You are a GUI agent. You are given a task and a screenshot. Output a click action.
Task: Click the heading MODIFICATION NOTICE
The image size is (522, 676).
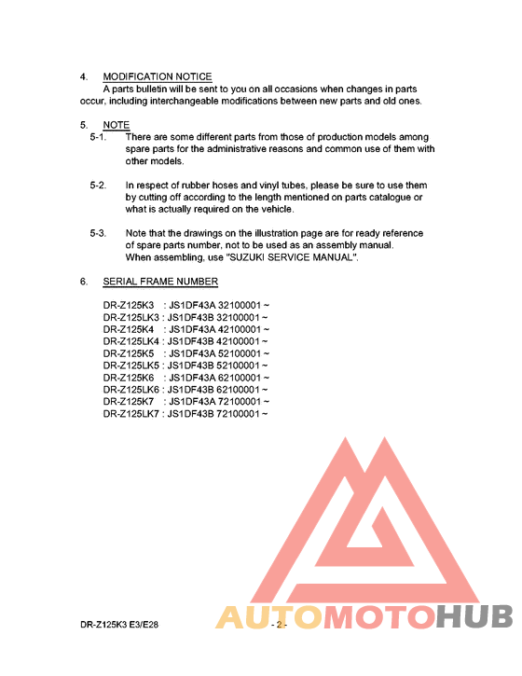157,76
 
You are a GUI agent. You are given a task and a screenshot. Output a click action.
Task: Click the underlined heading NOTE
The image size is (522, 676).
117,125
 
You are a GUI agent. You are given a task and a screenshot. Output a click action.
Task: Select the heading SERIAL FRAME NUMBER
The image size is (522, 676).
160,282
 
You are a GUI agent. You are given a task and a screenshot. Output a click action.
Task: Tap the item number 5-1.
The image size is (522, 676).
98,137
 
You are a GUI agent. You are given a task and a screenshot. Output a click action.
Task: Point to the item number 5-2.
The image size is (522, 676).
98,186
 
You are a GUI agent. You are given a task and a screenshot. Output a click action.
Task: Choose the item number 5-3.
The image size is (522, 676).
98,233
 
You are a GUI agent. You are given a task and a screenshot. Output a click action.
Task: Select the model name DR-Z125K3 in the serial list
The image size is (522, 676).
129,306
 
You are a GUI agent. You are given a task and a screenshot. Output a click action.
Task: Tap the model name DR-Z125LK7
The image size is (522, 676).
131,413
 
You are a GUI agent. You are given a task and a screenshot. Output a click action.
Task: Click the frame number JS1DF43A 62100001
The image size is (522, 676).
215,378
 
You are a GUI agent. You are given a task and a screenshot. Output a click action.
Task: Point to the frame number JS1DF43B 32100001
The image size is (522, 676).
215,318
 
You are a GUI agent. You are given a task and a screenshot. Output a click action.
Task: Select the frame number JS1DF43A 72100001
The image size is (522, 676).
215,402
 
